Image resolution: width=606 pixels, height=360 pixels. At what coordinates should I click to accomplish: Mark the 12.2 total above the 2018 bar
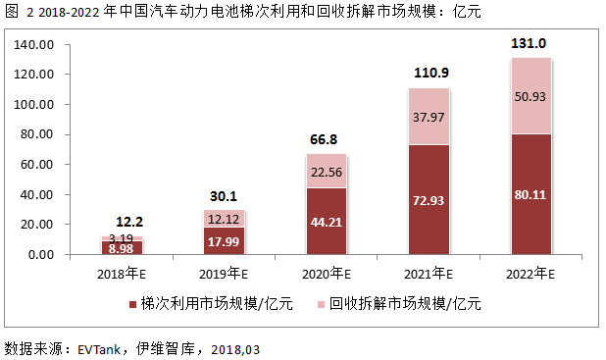[123, 222]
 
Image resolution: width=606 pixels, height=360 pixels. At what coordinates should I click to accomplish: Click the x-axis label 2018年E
[123, 272]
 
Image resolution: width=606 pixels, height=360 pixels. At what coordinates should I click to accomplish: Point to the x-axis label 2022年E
[531, 272]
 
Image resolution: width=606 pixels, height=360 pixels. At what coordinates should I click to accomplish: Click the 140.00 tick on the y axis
[35, 45]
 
